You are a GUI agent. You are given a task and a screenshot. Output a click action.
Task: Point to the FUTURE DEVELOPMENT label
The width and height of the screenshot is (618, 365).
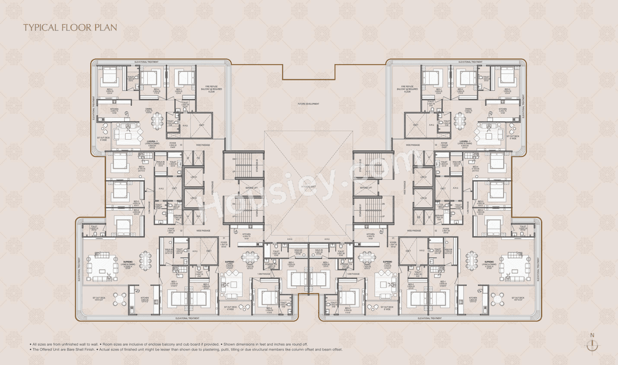tap(309, 104)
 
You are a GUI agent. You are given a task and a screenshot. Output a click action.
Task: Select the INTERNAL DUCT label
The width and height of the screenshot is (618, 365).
tap(309, 186)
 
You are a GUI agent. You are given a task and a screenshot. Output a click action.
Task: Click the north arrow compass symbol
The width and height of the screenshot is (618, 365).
tap(592, 345)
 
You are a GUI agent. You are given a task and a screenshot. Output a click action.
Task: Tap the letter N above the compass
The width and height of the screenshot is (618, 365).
tap(592, 335)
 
